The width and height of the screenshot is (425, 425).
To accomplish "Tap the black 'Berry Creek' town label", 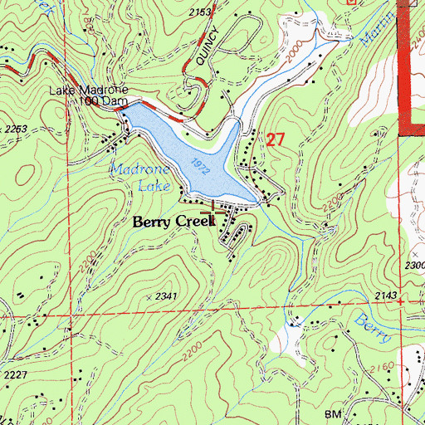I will point(174,222).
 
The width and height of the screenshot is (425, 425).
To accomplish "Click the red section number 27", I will point(276,140).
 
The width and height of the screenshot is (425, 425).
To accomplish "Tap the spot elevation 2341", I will point(167,296).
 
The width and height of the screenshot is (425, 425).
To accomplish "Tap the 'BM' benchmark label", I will point(334,413).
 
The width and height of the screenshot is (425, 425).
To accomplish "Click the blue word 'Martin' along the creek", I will point(374,33).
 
